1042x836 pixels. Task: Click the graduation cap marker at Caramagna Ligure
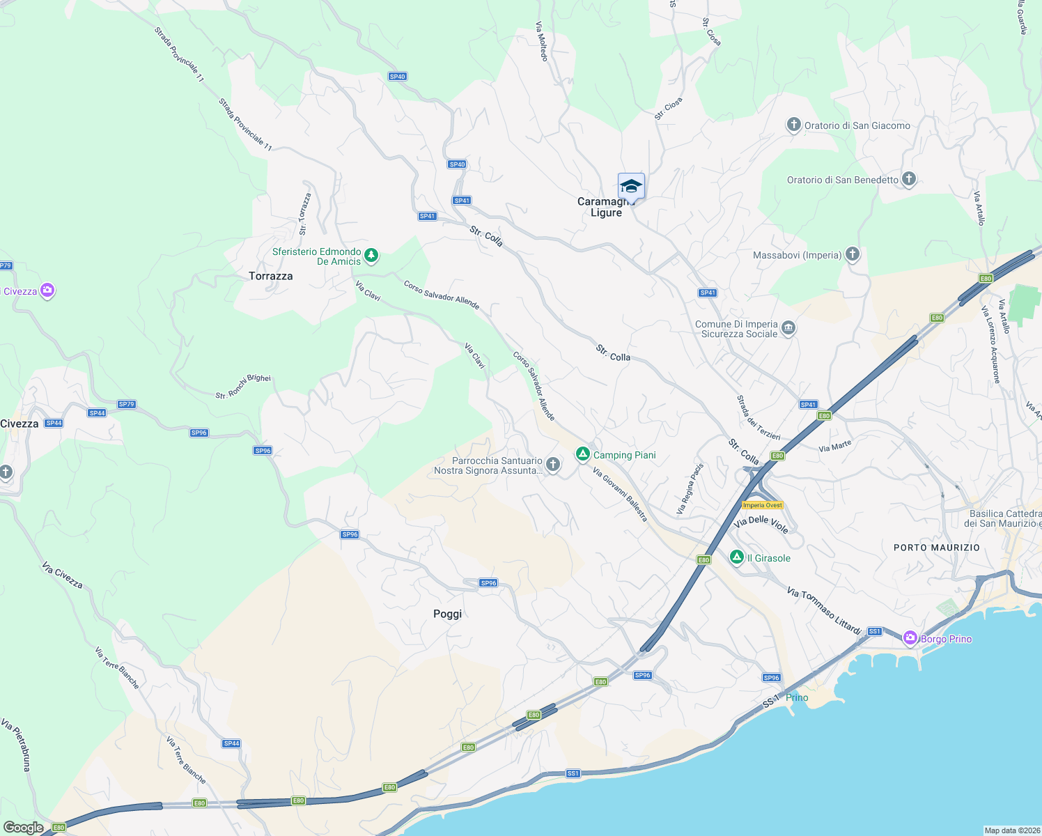[631, 187]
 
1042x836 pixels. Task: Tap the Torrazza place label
[271, 276]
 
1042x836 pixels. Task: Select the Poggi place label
[447, 614]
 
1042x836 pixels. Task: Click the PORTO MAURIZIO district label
[936, 548]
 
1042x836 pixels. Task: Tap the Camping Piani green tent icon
[583, 454]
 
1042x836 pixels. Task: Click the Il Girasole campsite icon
[737, 557]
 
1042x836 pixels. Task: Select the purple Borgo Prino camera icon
[910, 638]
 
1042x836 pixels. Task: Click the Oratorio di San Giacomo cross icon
[793, 125]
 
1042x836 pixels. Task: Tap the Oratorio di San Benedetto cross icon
[908, 179]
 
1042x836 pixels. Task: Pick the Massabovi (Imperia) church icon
[853, 254]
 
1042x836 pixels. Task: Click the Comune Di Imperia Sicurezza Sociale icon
[788, 328]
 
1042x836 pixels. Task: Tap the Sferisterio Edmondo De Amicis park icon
[371, 256]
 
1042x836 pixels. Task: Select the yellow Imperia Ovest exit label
[763, 505]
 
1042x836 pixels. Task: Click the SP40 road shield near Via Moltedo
[397, 77]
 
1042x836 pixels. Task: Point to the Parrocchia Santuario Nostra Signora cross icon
[553, 465]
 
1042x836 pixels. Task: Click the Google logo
[24, 828]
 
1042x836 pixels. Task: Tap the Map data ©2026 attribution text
[1011, 830]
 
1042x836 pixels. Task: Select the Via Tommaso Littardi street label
[824, 610]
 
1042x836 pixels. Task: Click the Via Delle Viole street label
[761, 525]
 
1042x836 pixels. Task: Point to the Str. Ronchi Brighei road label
[243, 387]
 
